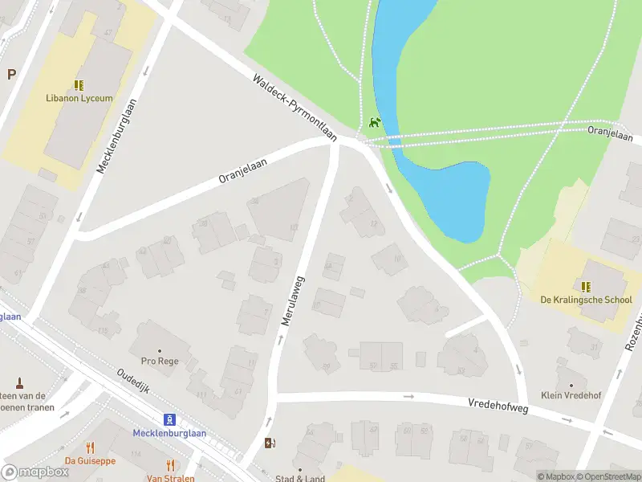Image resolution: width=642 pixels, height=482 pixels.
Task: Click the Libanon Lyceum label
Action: pos(79,98)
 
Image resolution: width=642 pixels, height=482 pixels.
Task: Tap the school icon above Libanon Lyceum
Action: pos(79,84)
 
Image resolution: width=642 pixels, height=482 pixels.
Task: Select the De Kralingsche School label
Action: pos(586,300)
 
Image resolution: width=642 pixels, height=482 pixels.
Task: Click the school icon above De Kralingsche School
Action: pos(586,286)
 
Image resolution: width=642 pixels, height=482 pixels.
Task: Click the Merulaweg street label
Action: pos(293,300)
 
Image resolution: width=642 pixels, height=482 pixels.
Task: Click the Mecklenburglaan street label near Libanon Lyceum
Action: pos(114,135)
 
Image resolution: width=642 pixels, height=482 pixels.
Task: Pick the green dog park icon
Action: pos(375,123)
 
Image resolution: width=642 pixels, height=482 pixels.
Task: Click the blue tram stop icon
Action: pos(169,419)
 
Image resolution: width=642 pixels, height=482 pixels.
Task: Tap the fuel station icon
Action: pos(270,443)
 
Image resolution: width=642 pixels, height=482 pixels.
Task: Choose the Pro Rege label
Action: pos(159,361)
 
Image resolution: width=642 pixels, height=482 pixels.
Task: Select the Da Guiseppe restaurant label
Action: pos(90,461)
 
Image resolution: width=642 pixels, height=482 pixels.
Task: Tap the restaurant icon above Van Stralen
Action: pos(170,465)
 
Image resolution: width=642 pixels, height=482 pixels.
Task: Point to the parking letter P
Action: pos(11,75)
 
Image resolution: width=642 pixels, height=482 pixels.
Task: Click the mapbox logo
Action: pos(35,472)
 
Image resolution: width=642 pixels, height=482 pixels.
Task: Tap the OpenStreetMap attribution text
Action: pos(607,476)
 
